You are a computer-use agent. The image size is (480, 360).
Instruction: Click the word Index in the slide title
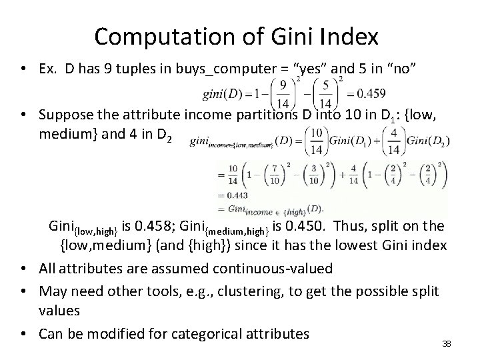click(353, 36)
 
